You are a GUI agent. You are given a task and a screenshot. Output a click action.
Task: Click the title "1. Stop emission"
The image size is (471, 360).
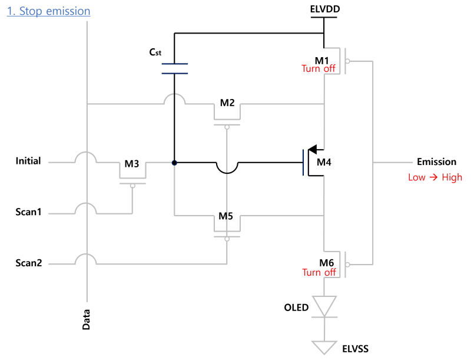[x=48, y=11]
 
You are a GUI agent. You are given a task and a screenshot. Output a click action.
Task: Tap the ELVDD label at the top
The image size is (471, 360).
[x=325, y=9]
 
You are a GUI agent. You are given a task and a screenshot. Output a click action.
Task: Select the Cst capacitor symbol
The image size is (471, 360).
[x=174, y=68]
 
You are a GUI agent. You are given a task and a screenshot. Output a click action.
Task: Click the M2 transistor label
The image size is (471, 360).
[x=227, y=103]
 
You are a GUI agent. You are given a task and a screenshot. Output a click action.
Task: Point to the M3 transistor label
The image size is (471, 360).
[x=131, y=164]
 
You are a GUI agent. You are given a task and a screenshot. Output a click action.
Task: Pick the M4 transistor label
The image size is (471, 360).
[x=324, y=162]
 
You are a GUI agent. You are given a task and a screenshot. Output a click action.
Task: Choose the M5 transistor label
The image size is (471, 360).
[x=225, y=216]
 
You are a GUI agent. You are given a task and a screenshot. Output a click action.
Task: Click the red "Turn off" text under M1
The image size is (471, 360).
[x=318, y=69]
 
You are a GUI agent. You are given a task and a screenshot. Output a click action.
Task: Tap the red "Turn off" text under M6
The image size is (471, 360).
[x=319, y=273]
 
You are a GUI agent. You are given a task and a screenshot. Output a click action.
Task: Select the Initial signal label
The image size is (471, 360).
[x=28, y=161]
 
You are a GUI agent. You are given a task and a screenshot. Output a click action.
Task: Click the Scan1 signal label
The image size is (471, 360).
[x=28, y=212]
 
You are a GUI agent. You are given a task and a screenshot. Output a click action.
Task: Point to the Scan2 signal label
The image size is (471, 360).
[x=28, y=263]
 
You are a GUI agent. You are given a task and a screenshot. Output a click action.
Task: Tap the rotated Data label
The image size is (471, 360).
[x=86, y=320]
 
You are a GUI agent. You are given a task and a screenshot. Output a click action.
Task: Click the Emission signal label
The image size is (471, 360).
[x=436, y=162]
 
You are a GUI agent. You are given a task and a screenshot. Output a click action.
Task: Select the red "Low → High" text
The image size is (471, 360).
[x=435, y=177]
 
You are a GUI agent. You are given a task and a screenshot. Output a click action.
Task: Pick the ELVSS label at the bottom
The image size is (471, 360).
[x=356, y=349]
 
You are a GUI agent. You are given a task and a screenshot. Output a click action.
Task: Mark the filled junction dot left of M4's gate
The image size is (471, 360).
[x=174, y=163]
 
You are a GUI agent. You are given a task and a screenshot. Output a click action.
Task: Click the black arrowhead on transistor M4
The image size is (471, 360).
[x=313, y=149]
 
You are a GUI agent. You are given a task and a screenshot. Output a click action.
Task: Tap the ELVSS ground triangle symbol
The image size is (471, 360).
[x=324, y=348]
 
